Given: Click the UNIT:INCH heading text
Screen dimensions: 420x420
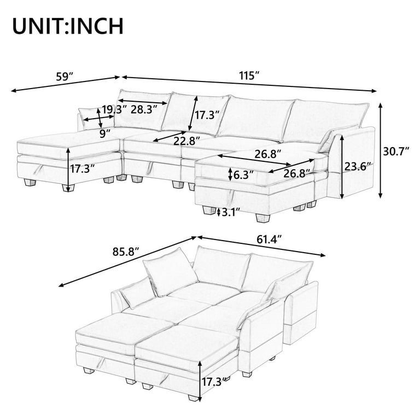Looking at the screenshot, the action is coord(68,26).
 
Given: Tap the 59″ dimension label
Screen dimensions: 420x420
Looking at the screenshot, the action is coord(65,77).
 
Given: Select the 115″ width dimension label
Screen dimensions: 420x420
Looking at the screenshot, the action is coord(249,76).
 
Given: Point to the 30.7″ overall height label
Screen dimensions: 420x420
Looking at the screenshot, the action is coord(396,151).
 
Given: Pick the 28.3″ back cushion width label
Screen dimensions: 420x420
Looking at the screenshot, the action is coord(144,110).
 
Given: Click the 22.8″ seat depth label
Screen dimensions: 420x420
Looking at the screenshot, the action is coord(186,141).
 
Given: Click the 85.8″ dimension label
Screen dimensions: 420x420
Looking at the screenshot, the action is coord(126,252).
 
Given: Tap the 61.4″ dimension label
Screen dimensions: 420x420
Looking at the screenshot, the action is coord(269,240).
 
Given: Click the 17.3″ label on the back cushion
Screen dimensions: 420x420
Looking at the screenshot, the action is coord(207,115).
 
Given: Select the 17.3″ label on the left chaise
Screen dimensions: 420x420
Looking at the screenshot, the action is coord(83,169).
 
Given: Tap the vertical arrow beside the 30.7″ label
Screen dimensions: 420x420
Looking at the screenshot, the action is coord(380,151).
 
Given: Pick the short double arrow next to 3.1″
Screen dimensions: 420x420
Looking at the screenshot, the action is coord(219,212).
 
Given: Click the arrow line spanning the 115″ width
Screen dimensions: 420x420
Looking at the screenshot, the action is coord(249,84).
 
